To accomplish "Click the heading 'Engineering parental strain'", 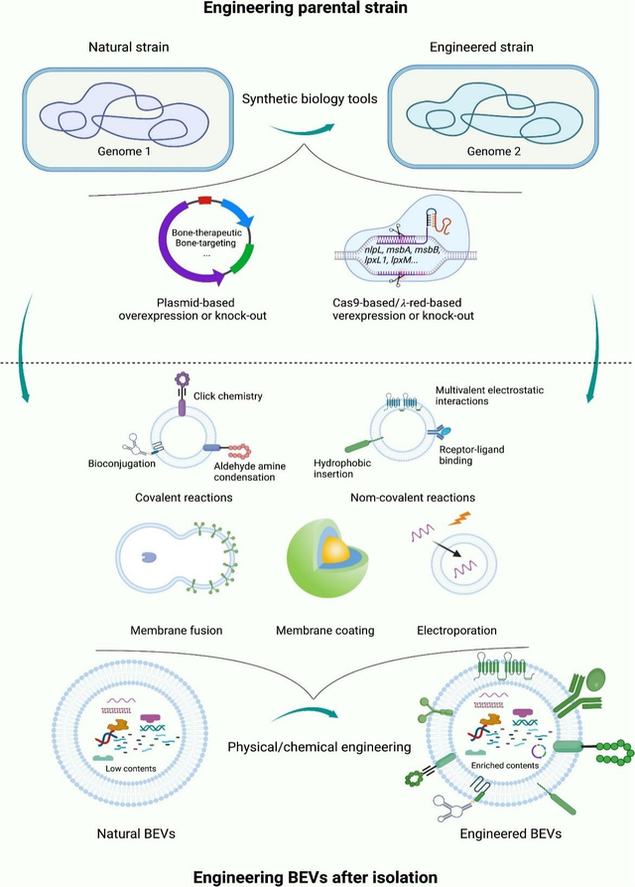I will (317, 11).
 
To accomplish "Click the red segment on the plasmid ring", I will (204, 201).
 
